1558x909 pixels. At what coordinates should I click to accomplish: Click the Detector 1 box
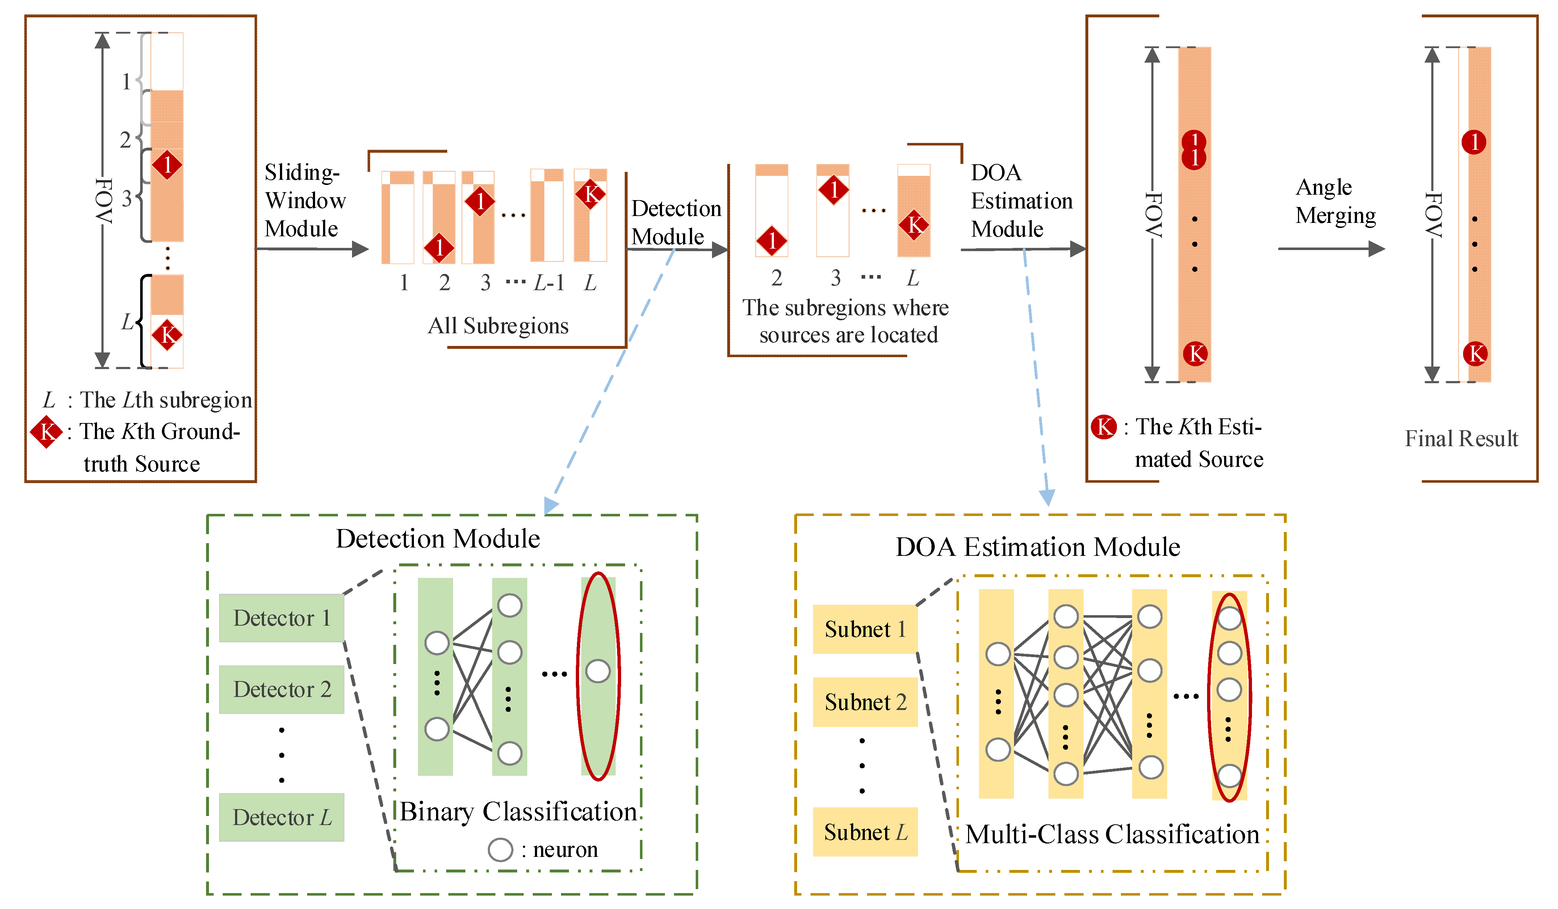[281, 618]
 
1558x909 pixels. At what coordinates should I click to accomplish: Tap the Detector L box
[281, 817]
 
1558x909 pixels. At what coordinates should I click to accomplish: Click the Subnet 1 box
[864, 629]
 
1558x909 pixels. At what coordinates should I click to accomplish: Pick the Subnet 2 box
[864, 702]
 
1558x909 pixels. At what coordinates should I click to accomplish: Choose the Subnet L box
[864, 832]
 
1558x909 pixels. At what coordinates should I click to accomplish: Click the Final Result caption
[1461, 438]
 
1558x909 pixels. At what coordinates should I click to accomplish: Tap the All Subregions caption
[498, 326]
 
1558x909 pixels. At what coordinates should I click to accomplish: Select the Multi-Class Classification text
[1111, 834]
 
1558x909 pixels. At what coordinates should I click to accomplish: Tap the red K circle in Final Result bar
[1475, 354]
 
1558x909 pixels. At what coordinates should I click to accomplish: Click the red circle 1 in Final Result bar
[1474, 142]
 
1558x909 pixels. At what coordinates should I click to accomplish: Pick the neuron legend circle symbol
[500, 850]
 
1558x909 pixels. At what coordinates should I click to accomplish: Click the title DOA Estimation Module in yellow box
[1038, 547]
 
